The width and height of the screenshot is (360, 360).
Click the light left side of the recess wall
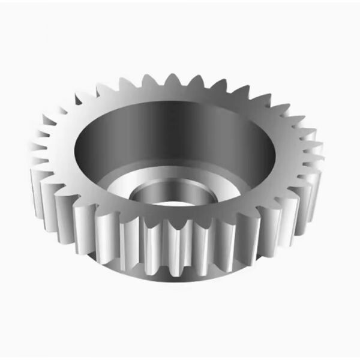tap(90, 150)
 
